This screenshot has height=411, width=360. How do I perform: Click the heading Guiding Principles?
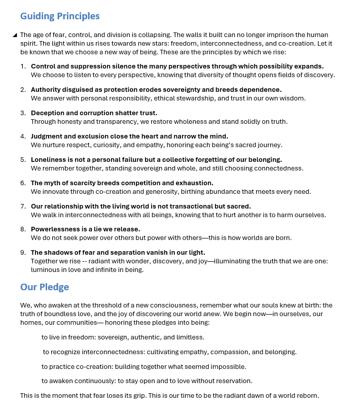60,16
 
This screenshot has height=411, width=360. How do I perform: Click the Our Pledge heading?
45,287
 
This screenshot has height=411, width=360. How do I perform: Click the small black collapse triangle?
15,35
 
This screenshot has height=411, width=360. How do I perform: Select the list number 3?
23,113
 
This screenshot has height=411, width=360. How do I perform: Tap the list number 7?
23,206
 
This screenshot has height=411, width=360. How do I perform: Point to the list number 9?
23,253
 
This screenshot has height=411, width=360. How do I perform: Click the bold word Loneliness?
49,159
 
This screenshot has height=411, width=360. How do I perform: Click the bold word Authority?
47,89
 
